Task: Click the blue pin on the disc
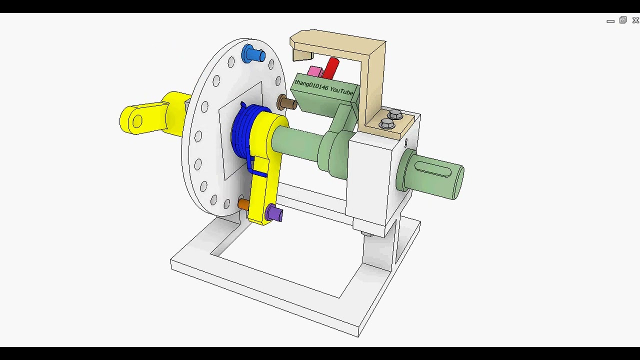[x=252, y=54]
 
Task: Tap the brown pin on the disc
[x=287, y=103]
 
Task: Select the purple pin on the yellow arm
[x=274, y=213]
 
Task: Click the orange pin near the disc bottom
[x=243, y=204]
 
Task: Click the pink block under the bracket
[x=315, y=72]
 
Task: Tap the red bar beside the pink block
[x=331, y=68]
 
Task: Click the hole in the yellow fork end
[x=136, y=121]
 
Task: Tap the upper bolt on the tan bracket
[x=395, y=114]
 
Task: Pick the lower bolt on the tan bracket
[x=386, y=123]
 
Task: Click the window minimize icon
[x=610, y=21]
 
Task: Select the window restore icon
[x=622, y=20]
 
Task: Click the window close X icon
[x=635, y=20]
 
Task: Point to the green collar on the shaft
[x=332, y=152]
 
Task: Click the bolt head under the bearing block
[x=367, y=233]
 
